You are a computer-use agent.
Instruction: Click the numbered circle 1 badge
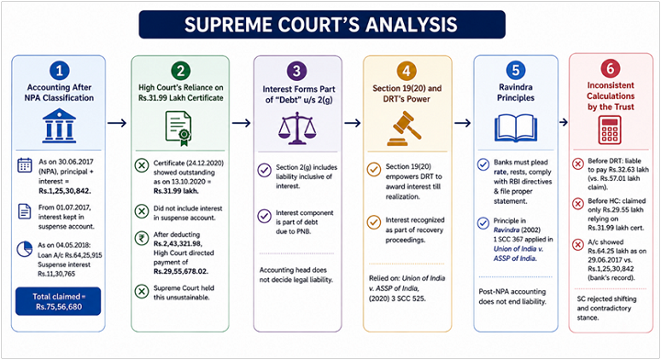59,71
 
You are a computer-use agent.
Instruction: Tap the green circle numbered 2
181,71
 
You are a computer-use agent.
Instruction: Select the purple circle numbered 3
297,71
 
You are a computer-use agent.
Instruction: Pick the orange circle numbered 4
407,71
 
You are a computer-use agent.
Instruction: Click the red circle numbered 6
610,68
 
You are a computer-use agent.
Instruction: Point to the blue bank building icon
59,126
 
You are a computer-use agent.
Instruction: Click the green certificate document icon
179,129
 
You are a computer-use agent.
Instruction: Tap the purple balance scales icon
297,129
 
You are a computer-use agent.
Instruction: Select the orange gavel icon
404,129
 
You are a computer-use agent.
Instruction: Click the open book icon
516,128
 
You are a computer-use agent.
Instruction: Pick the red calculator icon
610,130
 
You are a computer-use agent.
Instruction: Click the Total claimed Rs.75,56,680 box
58,301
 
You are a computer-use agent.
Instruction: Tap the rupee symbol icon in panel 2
141,239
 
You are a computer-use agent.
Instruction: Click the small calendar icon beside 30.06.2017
25,165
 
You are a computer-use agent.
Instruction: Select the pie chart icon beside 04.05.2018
25,249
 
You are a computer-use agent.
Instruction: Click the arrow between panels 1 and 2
117,123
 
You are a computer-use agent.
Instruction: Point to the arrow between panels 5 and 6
564,122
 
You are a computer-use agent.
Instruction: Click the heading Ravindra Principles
516,93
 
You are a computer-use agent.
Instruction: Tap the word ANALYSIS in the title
411,25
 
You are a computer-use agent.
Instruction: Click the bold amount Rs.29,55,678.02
181,271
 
